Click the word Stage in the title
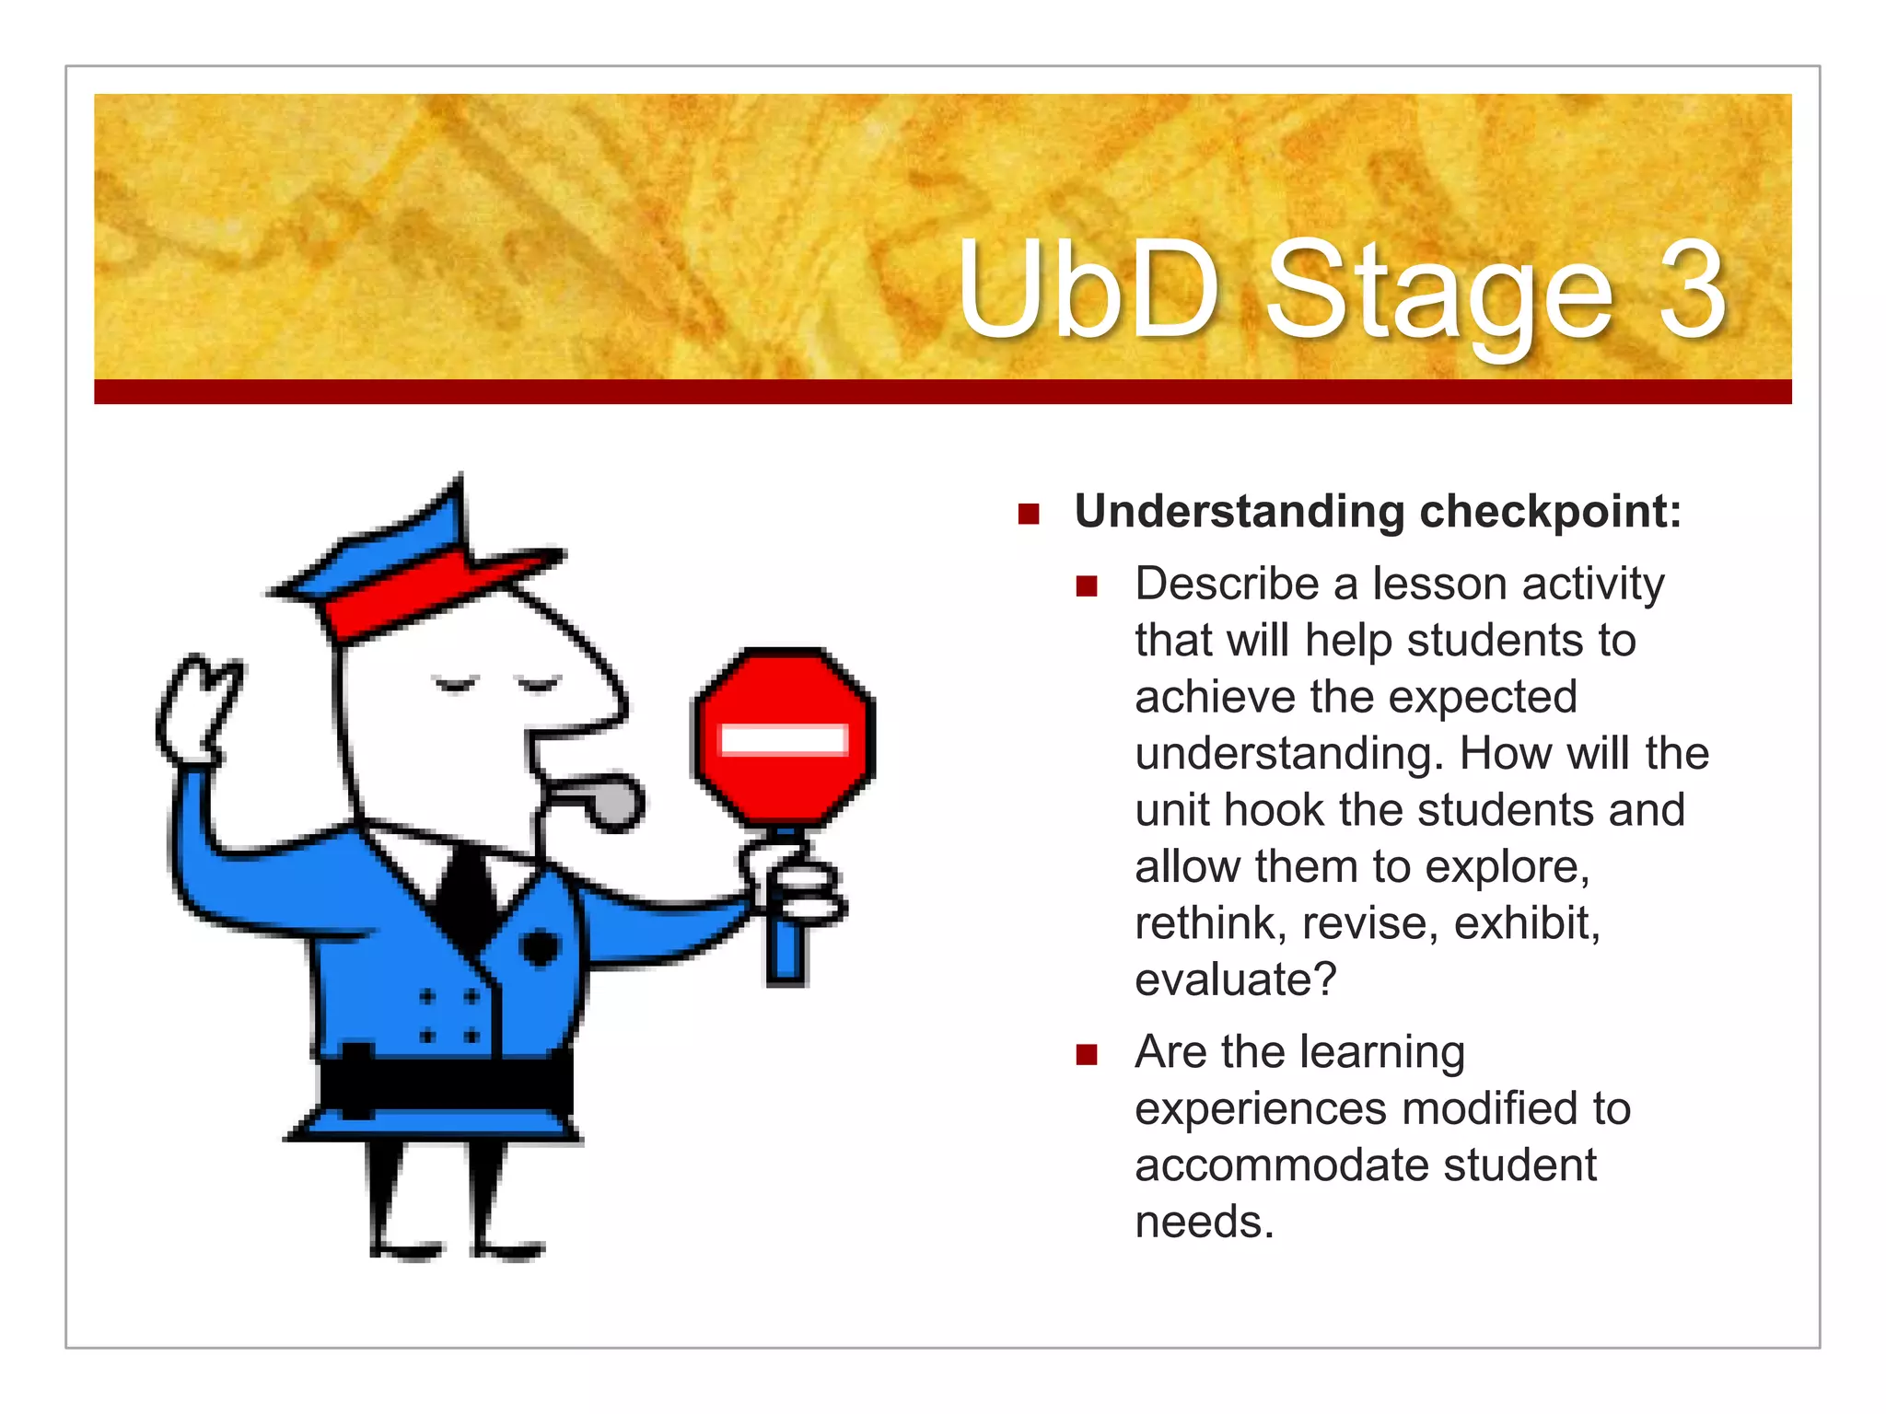1438,293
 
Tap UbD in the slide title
1089,289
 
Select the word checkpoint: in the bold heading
1550,512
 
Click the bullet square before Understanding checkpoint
1029,514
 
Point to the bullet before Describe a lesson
1087,586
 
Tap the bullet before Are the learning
1087,1054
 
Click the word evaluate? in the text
1235,979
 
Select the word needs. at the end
1205,1223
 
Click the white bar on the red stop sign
784,739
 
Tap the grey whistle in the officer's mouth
608,798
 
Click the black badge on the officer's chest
540,947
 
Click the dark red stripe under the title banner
942,392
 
